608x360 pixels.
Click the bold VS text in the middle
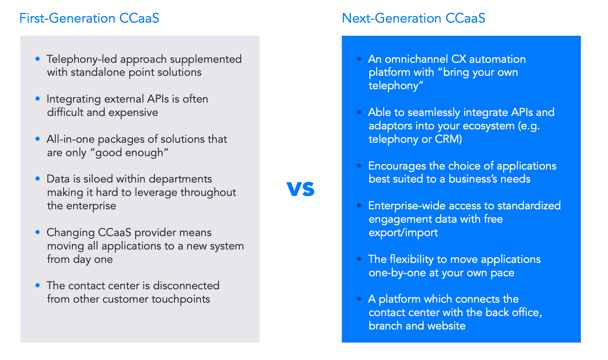point(301,189)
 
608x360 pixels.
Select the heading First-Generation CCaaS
point(89,18)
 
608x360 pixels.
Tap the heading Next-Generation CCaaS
point(413,18)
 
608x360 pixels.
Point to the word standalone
point(98,72)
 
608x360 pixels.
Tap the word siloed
point(98,179)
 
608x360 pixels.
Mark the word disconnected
point(186,285)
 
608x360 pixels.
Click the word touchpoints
point(181,299)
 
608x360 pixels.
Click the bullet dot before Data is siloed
point(38,178)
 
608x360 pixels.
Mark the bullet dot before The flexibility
point(359,259)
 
